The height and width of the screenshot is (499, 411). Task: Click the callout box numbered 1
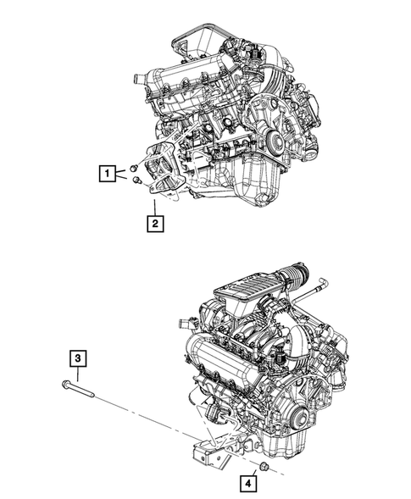(x=107, y=175)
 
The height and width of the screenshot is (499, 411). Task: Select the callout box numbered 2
(x=154, y=224)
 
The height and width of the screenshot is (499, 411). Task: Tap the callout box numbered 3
(x=77, y=360)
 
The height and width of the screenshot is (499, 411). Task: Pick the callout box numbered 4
(x=249, y=485)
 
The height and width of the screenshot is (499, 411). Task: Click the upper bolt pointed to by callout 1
(x=134, y=168)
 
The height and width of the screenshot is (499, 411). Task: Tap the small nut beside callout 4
(x=264, y=468)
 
